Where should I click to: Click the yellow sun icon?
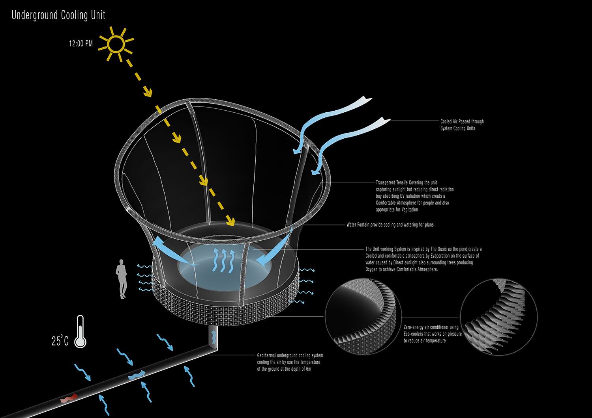(116, 44)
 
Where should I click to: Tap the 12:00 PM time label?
(81, 43)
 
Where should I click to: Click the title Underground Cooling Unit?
(58, 15)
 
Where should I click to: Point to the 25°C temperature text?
(60, 340)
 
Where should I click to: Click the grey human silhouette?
(121, 279)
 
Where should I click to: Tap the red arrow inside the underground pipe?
(69, 398)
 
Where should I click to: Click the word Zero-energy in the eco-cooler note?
(413, 327)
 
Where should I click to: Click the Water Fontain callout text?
(390, 225)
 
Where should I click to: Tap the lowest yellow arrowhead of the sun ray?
(231, 221)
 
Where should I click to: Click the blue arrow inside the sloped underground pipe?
(137, 375)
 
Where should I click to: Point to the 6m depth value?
(308, 369)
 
